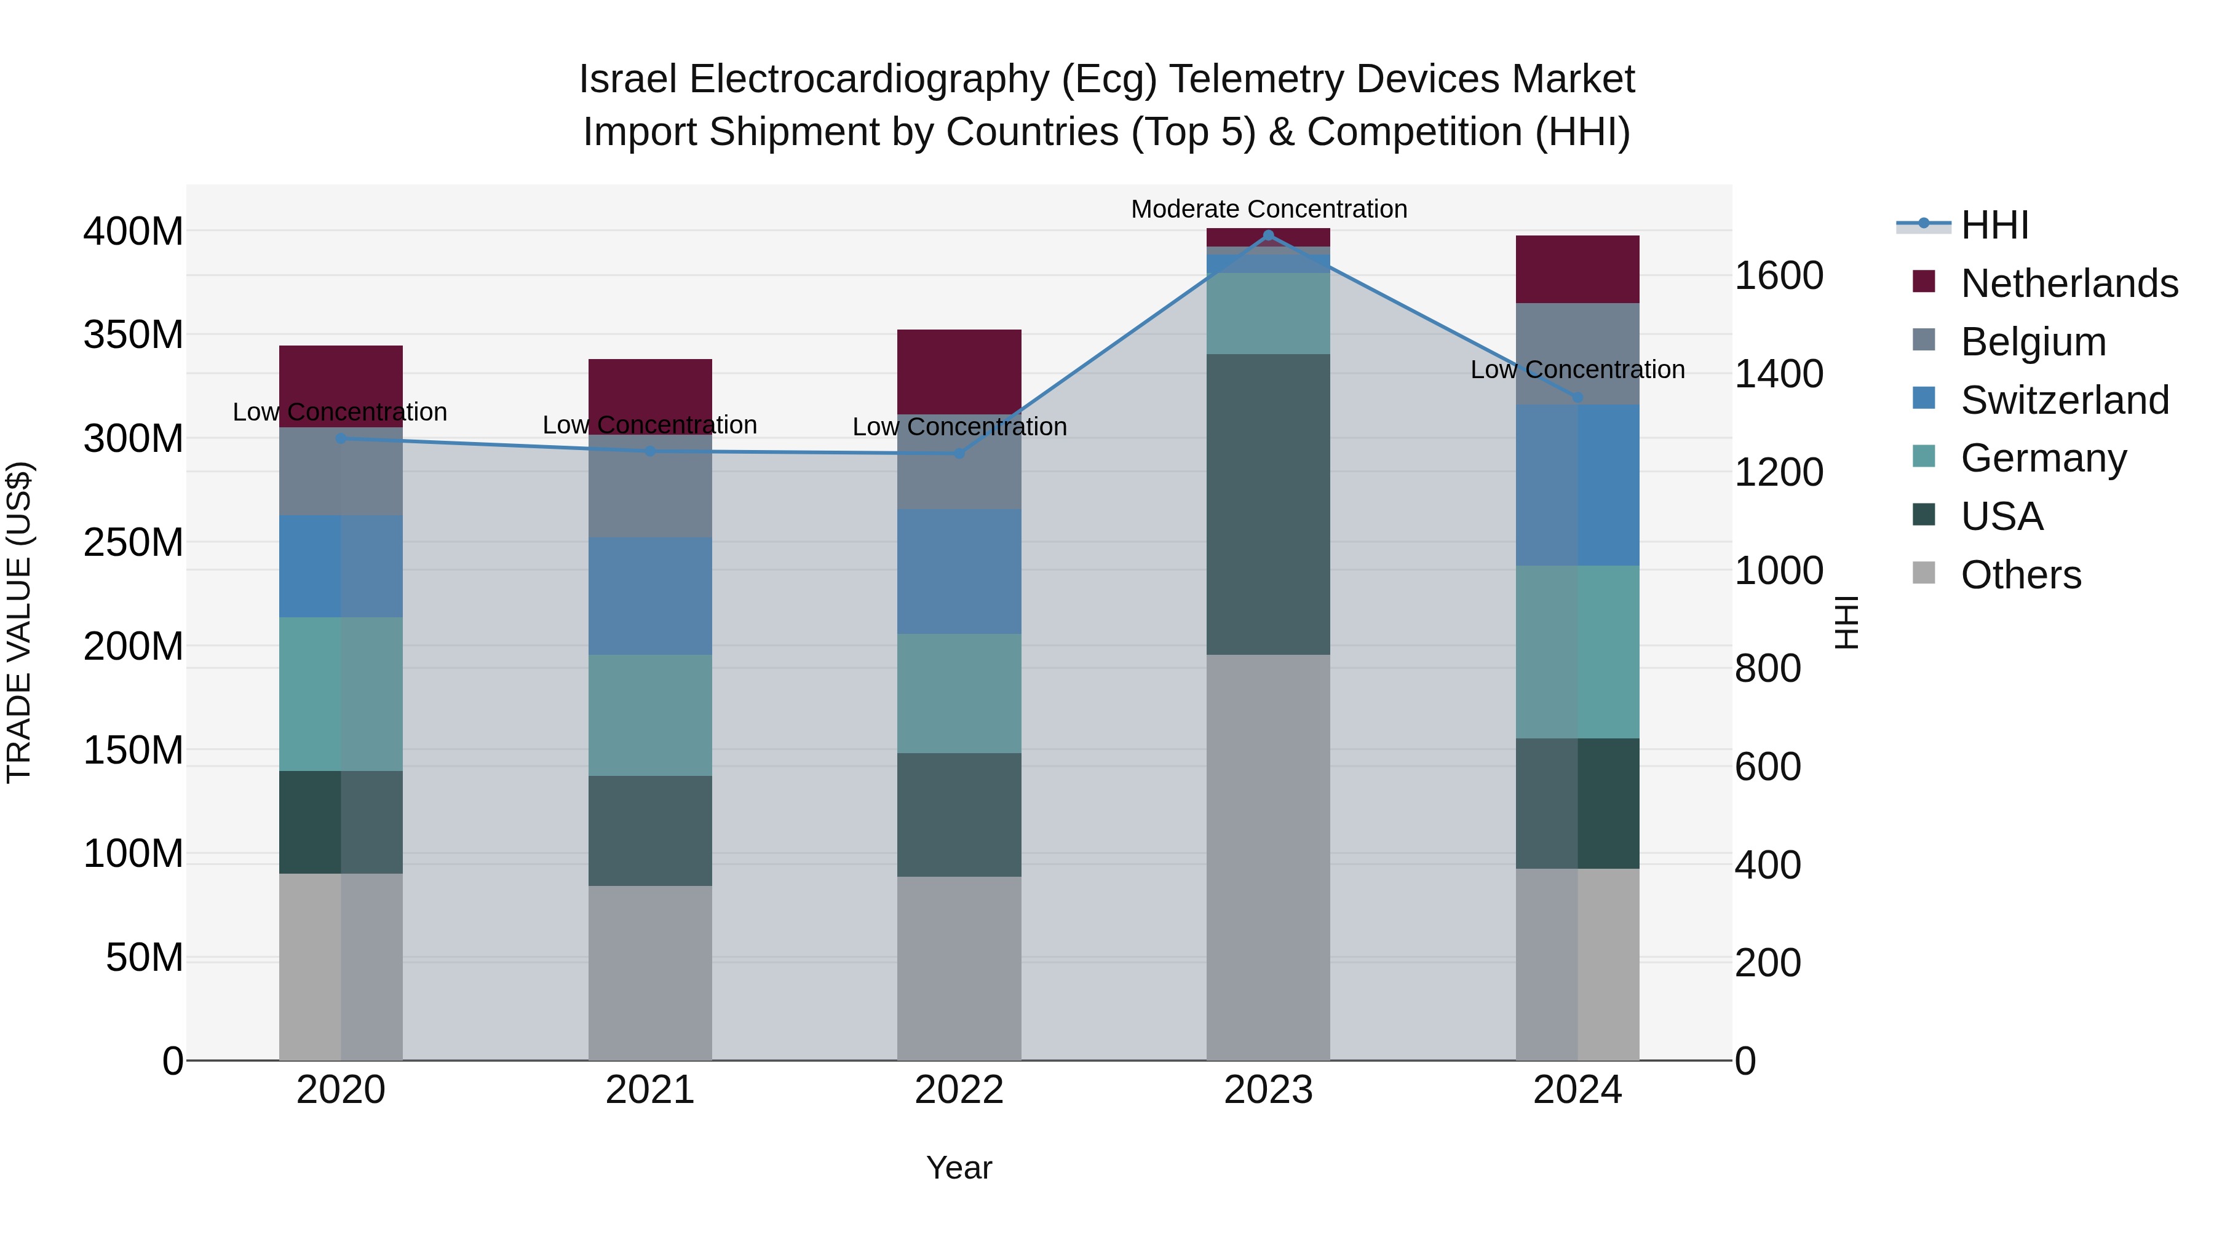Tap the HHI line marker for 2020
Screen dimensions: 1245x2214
(341, 438)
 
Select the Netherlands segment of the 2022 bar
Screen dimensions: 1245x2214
(959, 371)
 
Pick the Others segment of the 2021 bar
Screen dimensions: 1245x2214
(650, 973)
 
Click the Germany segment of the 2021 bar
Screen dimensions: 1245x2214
(650, 715)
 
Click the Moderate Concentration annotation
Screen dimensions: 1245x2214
(1269, 209)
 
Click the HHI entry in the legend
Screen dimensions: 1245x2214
(1994, 225)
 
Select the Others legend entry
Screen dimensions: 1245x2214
(2020, 575)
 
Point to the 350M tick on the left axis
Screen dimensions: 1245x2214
(133, 334)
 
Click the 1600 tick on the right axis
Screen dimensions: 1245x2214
(1778, 276)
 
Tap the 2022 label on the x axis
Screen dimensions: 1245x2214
(959, 1090)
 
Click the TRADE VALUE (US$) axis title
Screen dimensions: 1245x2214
(20, 622)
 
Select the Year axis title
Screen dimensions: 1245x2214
(959, 1168)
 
